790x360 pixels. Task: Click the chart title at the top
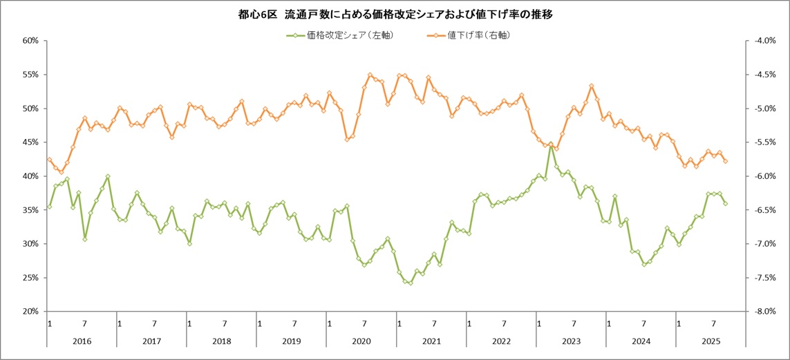coord(395,14)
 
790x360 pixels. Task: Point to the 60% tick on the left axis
coord(29,41)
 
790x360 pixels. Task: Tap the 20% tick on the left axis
coord(29,312)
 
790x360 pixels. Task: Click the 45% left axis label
coord(29,142)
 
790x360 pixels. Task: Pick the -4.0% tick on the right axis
coord(764,41)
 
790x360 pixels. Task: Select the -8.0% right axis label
coord(764,312)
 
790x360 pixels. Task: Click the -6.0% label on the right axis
coord(764,176)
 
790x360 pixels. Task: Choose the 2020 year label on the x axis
coord(362,341)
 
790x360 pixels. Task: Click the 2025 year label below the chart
coord(711,341)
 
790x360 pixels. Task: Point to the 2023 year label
coord(571,341)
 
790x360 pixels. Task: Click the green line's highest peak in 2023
coord(551,145)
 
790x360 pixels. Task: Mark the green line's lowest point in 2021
coord(410,283)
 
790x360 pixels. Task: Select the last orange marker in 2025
coord(725,161)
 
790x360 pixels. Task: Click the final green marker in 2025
coord(725,204)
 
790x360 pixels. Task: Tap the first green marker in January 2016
coord(49,207)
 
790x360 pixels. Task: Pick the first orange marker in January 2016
coord(49,160)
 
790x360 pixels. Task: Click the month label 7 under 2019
coord(295,323)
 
